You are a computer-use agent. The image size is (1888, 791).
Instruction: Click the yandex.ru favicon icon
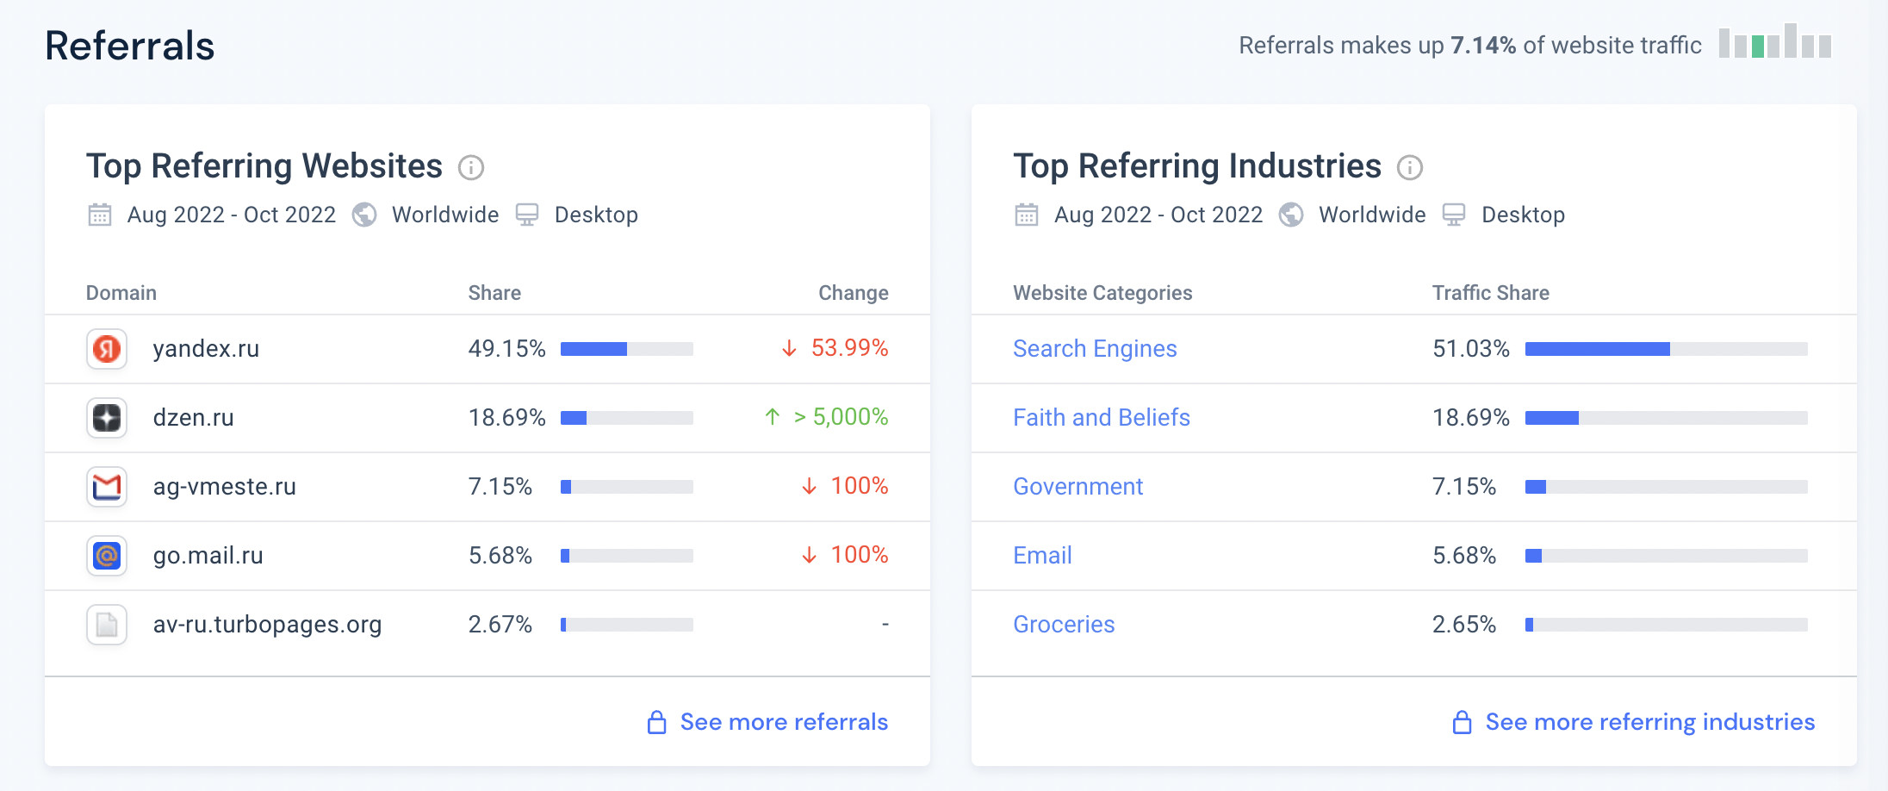tap(107, 349)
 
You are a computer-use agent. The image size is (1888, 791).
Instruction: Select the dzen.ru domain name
tap(193, 418)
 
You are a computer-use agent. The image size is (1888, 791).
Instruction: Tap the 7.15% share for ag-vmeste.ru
tap(500, 487)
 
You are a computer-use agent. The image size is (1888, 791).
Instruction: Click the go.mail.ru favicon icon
tap(107, 556)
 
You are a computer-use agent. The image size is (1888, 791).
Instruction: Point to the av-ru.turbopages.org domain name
tap(267, 625)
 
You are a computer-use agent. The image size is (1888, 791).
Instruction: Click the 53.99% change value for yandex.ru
tap(848, 348)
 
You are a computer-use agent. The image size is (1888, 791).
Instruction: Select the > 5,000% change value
tap(840, 417)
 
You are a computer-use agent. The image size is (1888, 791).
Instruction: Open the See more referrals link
tap(783, 722)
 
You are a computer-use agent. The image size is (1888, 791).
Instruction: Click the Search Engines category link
tap(1094, 349)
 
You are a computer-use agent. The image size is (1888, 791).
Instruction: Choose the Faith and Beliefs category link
tap(1101, 418)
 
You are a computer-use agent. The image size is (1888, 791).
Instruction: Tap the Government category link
tap(1078, 487)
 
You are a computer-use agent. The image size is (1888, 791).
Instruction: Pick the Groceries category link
tap(1063, 625)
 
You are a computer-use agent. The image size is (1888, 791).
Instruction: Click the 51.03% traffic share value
tap(1470, 349)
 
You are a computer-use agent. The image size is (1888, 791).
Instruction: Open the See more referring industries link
tap(1649, 722)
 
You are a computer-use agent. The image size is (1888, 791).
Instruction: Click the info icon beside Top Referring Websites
tap(471, 167)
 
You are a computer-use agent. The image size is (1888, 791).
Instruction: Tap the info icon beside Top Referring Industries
tap(1410, 167)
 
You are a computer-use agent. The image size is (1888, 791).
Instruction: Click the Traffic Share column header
tap(1490, 293)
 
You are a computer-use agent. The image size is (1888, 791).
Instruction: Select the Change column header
tap(853, 293)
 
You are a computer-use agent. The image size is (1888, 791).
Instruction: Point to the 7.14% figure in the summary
tap(1482, 46)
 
